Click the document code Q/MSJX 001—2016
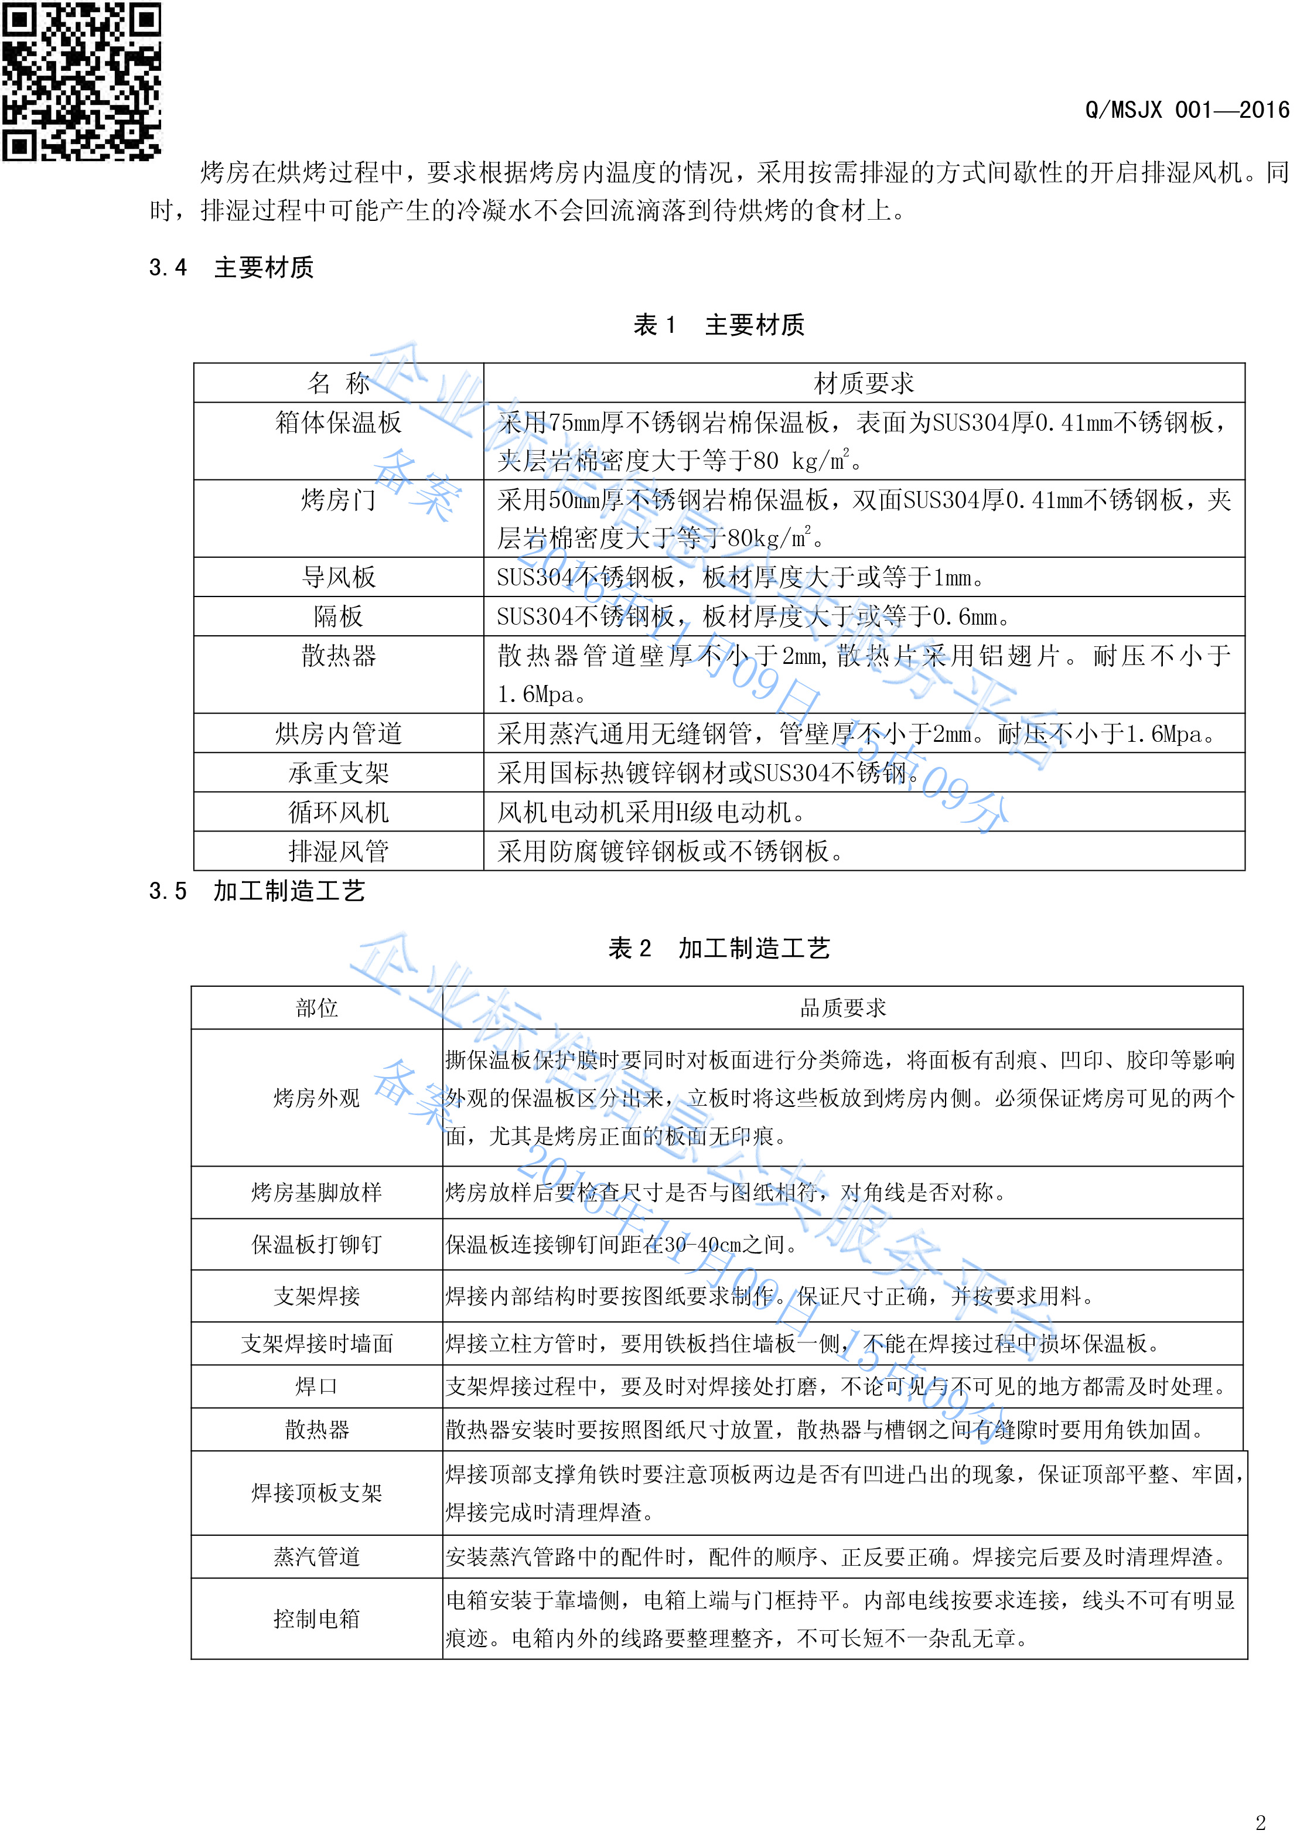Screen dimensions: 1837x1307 tap(1186, 110)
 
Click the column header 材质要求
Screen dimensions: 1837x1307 tap(864, 383)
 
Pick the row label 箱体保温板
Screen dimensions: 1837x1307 tap(338, 422)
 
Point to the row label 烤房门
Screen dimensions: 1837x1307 tap(338, 500)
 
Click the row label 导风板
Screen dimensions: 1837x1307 tap(338, 577)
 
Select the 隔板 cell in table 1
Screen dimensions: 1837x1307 tap(338, 616)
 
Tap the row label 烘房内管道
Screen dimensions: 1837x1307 tap(338, 734)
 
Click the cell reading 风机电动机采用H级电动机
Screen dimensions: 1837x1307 tap(650, 812)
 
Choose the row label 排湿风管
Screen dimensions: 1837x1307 tap(338, 851)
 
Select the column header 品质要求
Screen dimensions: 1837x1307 tap(842, 1008)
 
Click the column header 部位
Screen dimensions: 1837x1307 tap(316, 1008)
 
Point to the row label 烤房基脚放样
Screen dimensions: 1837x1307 tap(316, 1192)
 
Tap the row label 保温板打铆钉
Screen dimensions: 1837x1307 tap(316, 1245)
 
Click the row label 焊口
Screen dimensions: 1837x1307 tap(316, 1386)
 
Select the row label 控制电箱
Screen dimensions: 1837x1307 tap(316, 1619)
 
